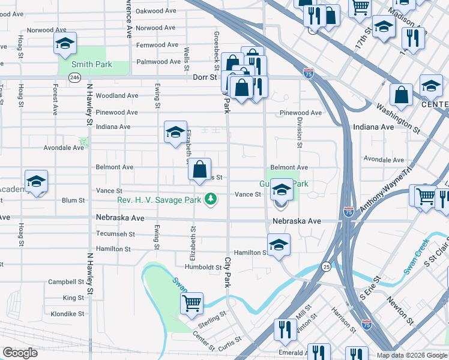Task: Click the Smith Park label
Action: (91, 64)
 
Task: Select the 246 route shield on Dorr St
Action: (74, 77)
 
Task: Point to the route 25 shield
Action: (326, 266)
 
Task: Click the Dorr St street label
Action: (205, 77)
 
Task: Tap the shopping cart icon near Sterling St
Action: (191, 302)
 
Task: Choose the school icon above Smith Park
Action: (65, 43)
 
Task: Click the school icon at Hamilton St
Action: (279, 245)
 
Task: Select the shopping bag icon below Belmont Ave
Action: (199, 169)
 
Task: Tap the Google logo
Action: (20, 353)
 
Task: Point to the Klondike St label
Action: (67, 314)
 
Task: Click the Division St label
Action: (298, 132)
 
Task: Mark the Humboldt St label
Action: (203, 267)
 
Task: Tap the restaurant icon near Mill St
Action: (285, 329)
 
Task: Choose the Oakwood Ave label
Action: (155, 11)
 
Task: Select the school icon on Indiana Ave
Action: (175, 132)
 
